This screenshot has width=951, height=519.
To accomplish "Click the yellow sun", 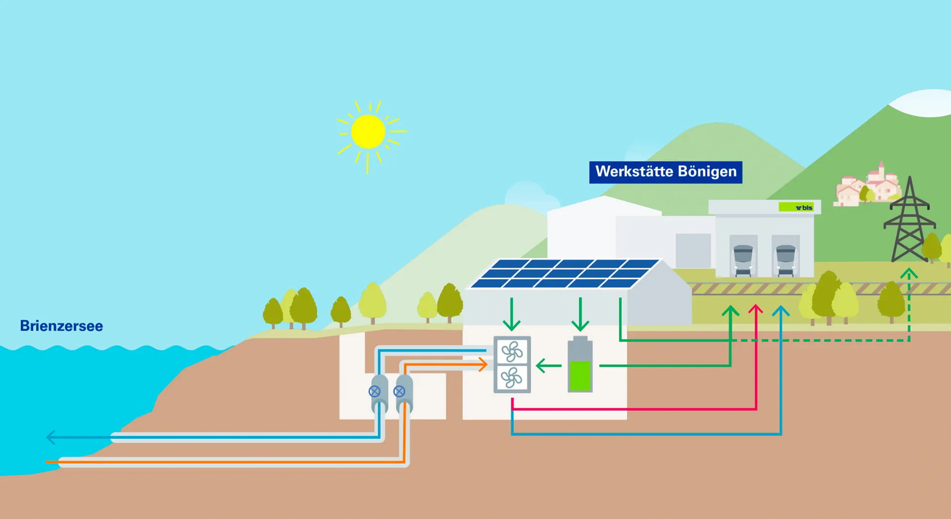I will pos(368,132).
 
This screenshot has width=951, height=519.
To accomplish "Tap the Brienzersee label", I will pos(61,326).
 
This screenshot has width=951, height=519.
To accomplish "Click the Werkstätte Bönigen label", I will pos(665,172).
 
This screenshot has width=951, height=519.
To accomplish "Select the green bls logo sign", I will pos(796,207).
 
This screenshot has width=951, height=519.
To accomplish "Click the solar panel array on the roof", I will pos(564,273).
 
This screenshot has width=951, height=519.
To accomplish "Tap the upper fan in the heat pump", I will pos(512,351).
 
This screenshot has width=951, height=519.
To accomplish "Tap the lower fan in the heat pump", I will pos(512,378).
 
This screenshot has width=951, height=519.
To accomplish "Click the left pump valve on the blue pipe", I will pos(375,391).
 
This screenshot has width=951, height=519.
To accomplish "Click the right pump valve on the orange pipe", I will pos(399,391).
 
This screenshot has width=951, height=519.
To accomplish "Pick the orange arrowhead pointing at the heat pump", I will pos(483,364).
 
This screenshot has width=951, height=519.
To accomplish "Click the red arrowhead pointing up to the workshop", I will pos(755,310).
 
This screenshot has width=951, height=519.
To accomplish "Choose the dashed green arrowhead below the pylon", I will pos(909,274).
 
